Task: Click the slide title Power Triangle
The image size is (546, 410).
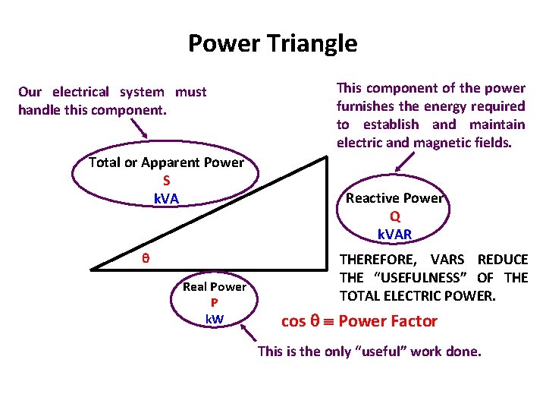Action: tap(272, 43)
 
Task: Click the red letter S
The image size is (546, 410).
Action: tap(166, 181)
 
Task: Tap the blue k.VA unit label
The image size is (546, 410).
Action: tap(166, 199)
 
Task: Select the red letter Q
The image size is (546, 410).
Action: tap(395, 216)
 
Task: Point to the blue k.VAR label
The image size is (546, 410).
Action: tap(395, 234)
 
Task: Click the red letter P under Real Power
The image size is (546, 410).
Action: tap(215, 303)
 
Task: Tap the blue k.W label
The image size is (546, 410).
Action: tap(215, 318)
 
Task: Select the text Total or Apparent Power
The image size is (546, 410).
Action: tap(166, 162)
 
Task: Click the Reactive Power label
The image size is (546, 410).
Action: tap(394, 198)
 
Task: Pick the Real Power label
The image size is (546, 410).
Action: tap(215, 287)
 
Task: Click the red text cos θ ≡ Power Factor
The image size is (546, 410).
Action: tap(359, 321)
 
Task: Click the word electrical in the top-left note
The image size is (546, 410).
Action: tap(80, 92)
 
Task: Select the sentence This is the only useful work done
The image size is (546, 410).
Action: tap(369, 352)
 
